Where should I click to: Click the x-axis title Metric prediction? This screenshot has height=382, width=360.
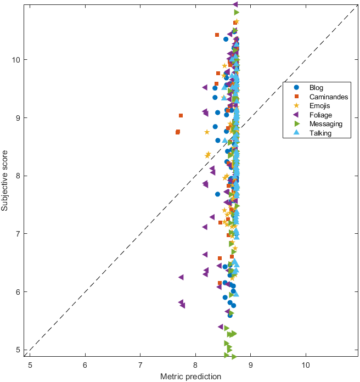[190, 377]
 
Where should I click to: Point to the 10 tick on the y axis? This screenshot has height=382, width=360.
[19, 59]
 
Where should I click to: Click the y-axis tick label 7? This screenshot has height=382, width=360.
[20, 234]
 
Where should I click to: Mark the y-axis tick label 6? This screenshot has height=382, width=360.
[20, 292]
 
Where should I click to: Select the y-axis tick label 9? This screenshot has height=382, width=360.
[20, 117]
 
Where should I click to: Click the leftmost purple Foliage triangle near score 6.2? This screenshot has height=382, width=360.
[181, 277]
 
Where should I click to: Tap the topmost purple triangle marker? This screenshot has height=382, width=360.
[235, 4]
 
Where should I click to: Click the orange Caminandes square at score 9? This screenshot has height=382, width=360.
[181, 116]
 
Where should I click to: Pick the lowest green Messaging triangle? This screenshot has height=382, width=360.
[234, 357]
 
